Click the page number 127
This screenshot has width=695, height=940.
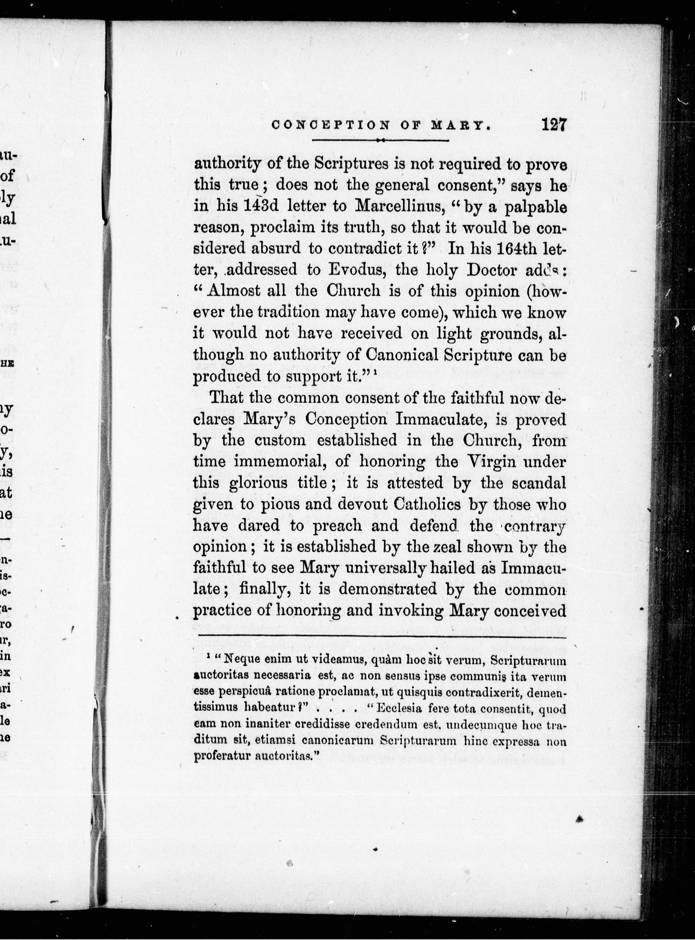click(x=554, y=125)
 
